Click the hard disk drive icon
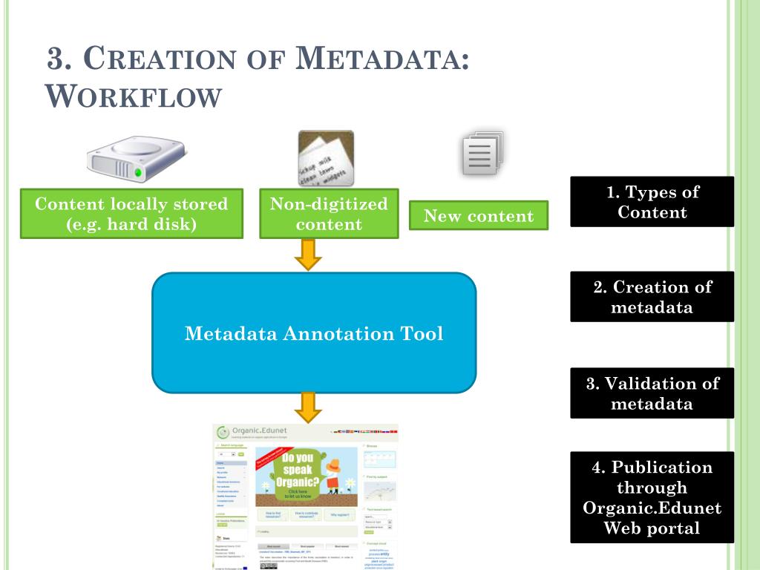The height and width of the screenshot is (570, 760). point(135,159)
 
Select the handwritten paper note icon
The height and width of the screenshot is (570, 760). point(326,158)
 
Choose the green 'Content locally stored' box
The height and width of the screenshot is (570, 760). point(131,214)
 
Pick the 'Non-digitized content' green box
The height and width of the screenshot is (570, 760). point(329,214)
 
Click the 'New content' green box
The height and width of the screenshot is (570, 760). point(479,216)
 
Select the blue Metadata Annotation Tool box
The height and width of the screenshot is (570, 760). point(314,333)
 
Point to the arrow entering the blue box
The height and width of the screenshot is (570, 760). point(308,255)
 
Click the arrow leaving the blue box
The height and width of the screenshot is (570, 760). point(308,407)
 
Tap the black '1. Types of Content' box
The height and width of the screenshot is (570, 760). point(652,202)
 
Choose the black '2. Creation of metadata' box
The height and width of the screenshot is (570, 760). point(652,297)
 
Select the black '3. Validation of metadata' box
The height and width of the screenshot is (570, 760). point(652,393)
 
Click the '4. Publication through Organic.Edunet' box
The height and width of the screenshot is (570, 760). point(652,497)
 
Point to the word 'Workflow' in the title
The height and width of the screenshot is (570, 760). point(134,96)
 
